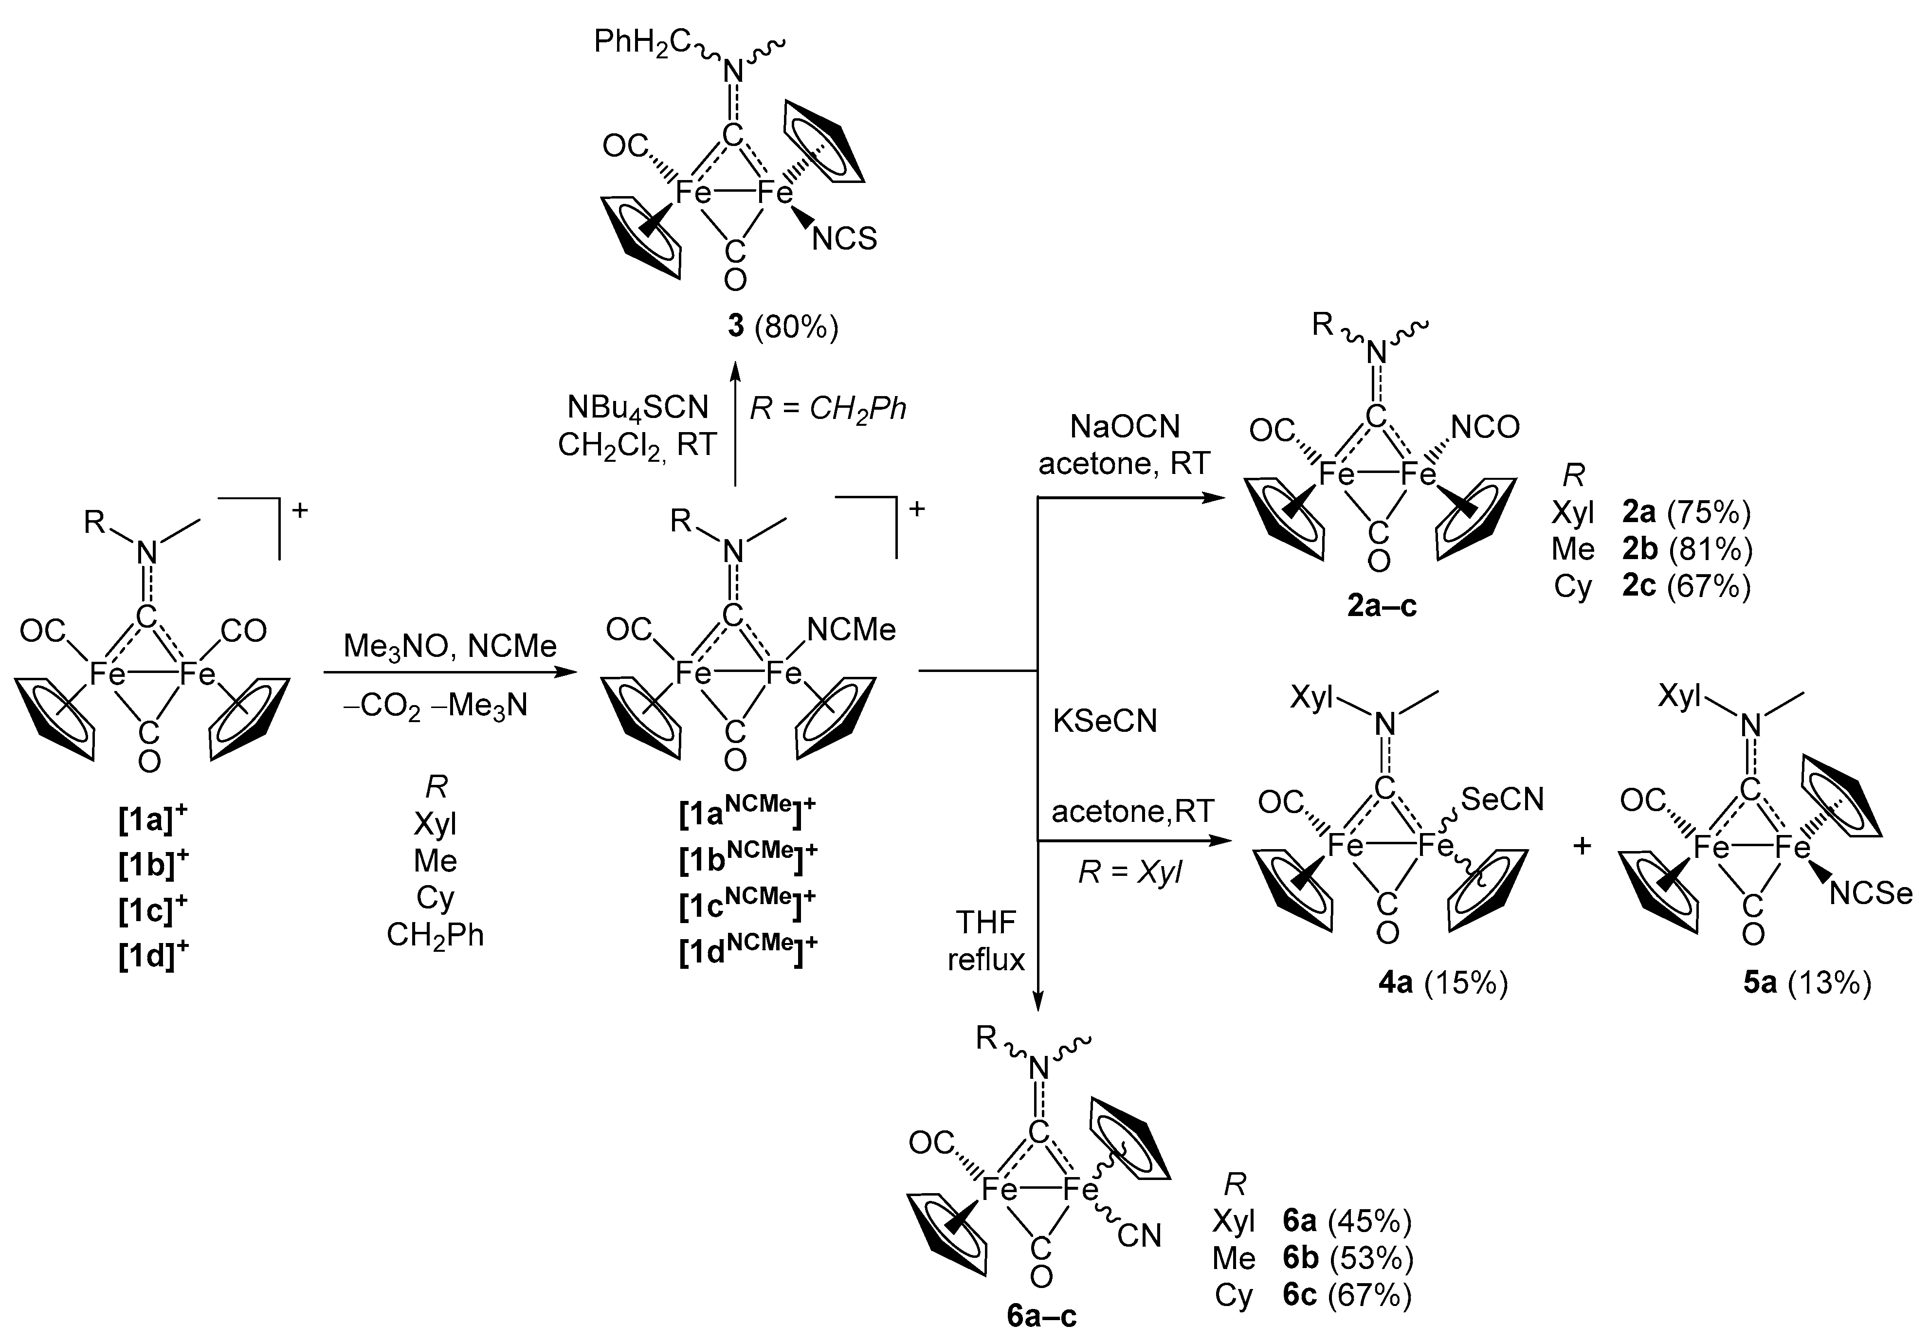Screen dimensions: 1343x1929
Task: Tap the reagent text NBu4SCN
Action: tap(637, 407)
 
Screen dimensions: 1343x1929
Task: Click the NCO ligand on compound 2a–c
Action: tap(1485, 428)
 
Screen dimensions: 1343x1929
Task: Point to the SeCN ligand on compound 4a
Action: tap(1502, 799)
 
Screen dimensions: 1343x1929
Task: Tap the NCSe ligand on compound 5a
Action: tap(1870, 894)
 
